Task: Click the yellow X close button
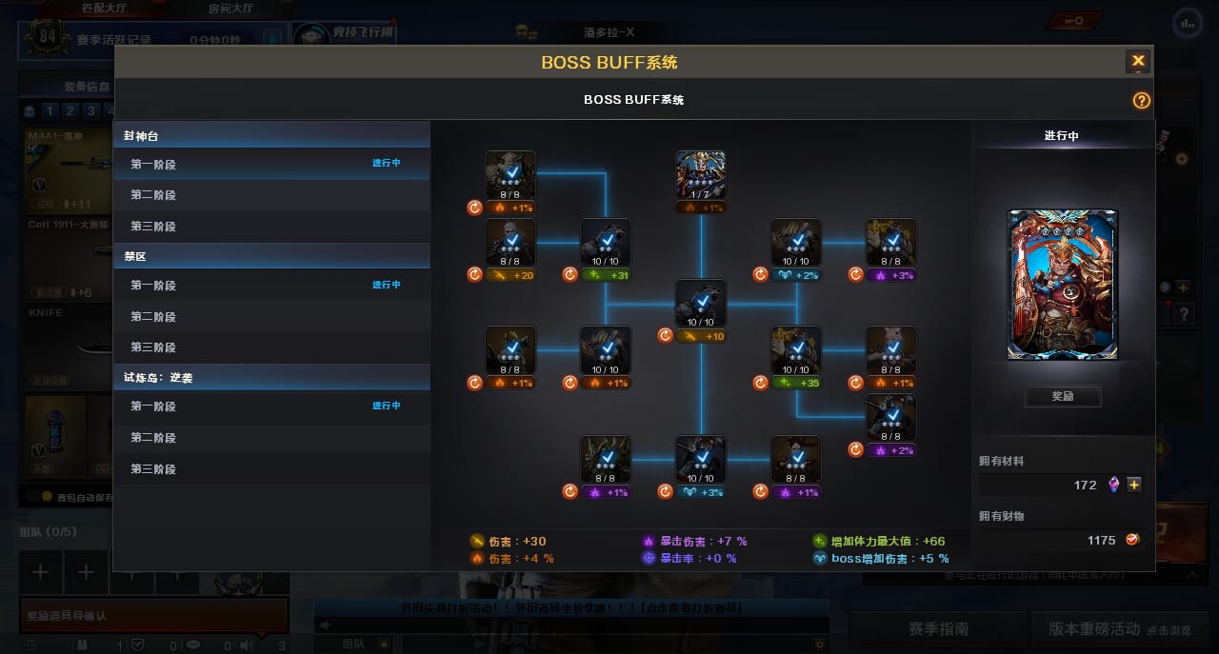1138,62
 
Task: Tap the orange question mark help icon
1141,101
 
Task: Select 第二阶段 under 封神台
153,195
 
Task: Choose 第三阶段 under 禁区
153,347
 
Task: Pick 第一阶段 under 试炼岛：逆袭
153,406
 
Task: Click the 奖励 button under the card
1063,396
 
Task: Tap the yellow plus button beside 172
1134,485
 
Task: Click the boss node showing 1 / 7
701,175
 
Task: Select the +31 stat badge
606,275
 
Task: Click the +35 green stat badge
796,383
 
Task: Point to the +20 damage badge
510,275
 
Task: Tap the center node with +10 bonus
701,304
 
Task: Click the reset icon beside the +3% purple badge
855,275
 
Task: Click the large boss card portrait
1063,285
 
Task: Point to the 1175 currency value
1101,540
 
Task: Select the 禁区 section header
134,257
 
